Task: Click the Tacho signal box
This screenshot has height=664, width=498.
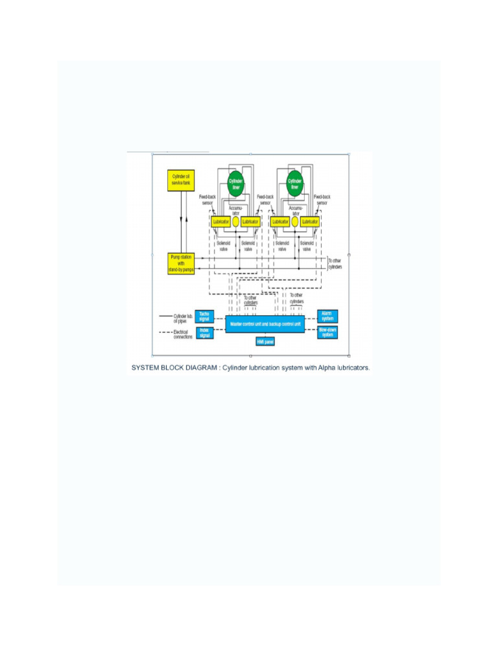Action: [x=204, y=316]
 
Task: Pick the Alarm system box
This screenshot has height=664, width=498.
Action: [x=327, y=316]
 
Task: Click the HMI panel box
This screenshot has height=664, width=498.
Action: [x=265, y=341]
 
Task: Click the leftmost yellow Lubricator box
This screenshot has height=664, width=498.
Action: [x=221, y=222]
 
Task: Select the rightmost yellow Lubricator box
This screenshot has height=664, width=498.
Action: [x=309, y=222]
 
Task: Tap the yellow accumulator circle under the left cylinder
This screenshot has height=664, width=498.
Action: [x=236, y=222]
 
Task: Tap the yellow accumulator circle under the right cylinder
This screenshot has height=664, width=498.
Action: [x=295, y=222]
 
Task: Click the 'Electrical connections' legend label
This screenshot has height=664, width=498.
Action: [x=183, y=335]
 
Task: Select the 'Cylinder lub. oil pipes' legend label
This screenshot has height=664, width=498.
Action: [x=182, y=318]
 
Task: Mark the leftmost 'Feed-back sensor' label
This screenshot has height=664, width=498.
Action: [x=208, y=199]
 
